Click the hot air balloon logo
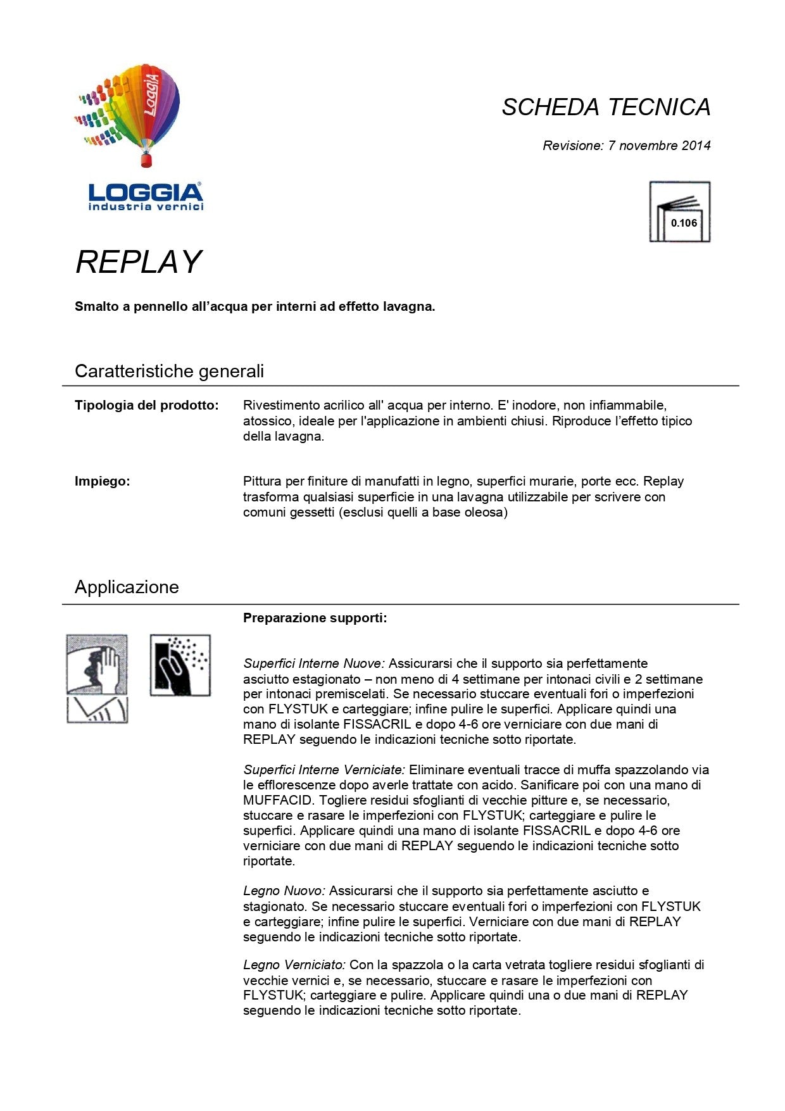click(136, 114)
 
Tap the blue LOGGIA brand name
click(146, 192)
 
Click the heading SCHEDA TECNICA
click(606, 107)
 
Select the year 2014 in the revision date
click(696, 146)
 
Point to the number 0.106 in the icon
click(684, 223)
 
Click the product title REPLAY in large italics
click(138, 262)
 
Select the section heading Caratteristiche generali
click(169, 371)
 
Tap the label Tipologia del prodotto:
click(147, 405)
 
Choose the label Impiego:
click(103, 481)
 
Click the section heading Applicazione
click(127, 587)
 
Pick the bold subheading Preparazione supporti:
click(315, 618)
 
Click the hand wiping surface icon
click(97, 665)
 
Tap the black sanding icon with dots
click(180, 665)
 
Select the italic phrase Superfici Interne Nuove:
click(314, 663)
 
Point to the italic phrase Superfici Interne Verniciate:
click(324, 770)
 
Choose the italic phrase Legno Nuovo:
click(284, 891)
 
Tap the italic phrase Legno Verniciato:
click(294, 965)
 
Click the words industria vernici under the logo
click(146, 207)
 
